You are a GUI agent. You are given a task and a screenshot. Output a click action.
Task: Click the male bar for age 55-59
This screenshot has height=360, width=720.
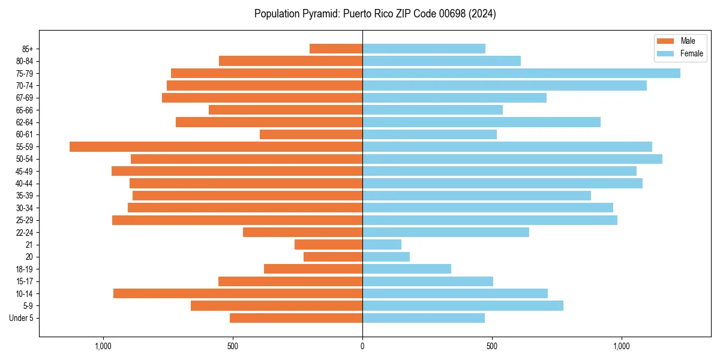pyautogui.click(x=216, y=146)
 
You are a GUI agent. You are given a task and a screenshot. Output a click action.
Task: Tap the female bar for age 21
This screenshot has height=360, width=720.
pyautogui.click(x=382, y=244)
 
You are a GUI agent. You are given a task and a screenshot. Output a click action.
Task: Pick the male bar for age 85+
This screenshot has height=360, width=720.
pyautogui.click(x=336, y=49)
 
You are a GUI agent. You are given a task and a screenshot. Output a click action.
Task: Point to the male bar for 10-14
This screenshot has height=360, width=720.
pyautogui.click(x=238, y=293)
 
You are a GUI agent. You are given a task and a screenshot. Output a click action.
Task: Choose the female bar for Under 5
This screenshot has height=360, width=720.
pyautogui.click(x=424, y=318)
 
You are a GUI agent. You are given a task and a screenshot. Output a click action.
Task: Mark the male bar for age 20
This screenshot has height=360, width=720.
pyautogui.click(x=333, y=257)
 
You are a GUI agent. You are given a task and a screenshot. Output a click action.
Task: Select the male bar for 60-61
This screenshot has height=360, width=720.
pyautogui.click(x=311, y=134)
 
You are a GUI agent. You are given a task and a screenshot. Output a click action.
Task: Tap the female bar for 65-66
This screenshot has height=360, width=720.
pyautogui.click(x=433, y=110)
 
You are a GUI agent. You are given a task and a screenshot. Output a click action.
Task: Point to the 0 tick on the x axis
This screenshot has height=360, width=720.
pyautogui.click(x=362, y=346)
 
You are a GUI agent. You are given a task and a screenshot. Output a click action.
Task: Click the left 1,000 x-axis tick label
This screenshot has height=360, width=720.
pyautogui.click(x=103, y=346)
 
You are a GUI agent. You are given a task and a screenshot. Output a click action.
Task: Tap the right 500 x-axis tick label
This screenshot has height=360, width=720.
pyautogui.click(x=492, y=346)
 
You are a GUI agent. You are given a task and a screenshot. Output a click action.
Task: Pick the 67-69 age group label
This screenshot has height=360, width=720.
pyautogui.click(x=25, y=98)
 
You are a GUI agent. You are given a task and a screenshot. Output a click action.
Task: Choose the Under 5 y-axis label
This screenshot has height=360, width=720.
pyautogui.click(x=22, y=318)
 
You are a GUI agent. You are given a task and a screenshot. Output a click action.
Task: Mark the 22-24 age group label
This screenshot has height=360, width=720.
pyautogui.click(x=25, y=232)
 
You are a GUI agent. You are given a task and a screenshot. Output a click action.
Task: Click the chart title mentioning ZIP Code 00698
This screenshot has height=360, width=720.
pyautogui.click(x=375, y=14)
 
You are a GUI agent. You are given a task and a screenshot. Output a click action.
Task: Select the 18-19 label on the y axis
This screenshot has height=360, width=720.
pyautogui.click(x=25, y=269)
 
